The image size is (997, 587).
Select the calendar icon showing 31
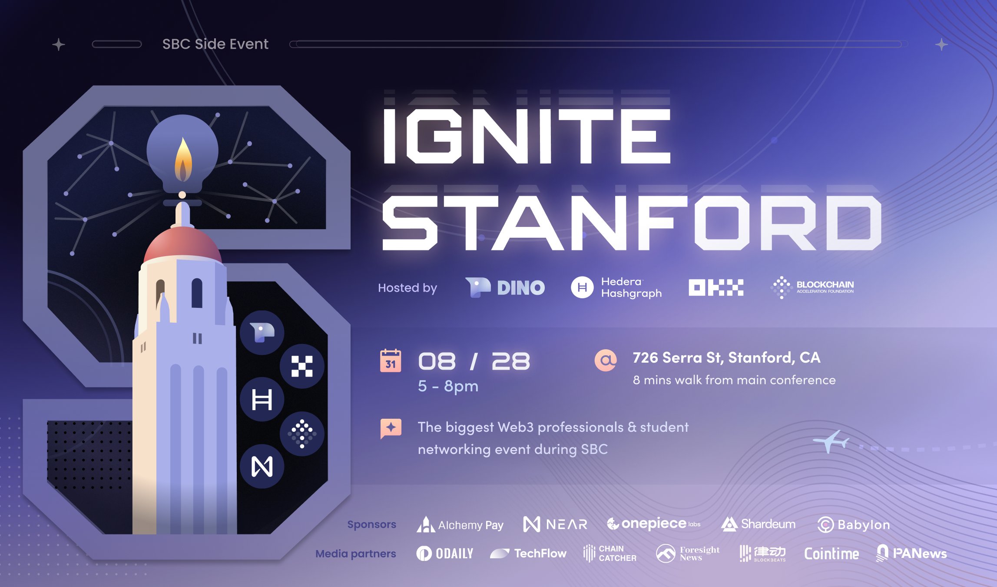[391, 360]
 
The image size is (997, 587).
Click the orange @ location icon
[606, 360]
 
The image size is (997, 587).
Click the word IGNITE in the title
[527, 136]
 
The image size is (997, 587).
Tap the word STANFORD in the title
[632, 223]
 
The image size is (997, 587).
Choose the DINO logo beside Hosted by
[505, 287]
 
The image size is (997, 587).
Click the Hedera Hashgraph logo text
[631, 287]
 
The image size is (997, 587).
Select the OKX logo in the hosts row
[716, 287]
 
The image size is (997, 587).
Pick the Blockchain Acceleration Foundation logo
[812, 287]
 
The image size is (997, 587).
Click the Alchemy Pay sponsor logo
[460, 524]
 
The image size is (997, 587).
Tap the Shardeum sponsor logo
[758, 524]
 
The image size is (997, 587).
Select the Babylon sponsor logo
[853, 524]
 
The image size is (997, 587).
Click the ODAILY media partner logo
[445, 554]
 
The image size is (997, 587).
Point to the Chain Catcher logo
[609, 554]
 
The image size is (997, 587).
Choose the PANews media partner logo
[911, 553]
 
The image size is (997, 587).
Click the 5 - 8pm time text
[448, 386]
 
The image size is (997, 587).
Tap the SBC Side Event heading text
[215, 44]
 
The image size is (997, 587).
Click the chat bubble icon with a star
[391, 428]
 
